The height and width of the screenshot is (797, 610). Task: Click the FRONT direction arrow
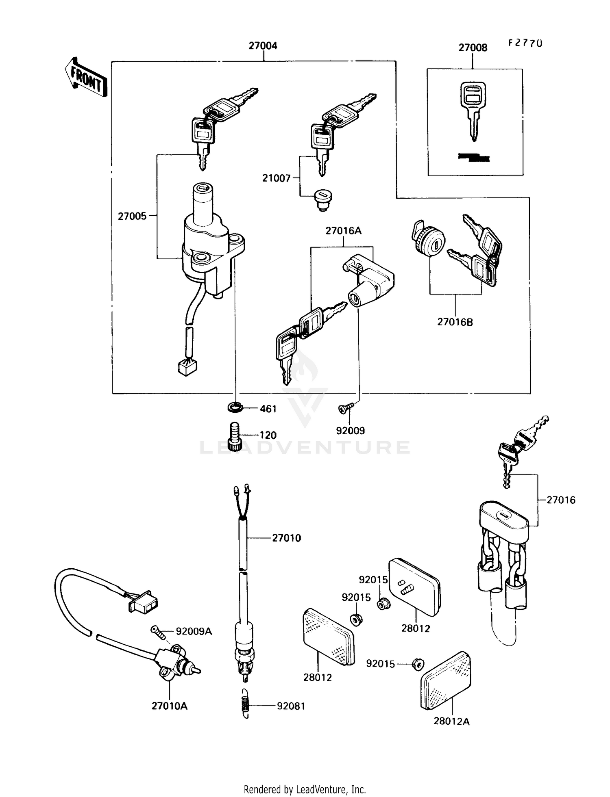click(86, 77)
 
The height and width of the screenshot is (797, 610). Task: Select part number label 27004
click(263, 45)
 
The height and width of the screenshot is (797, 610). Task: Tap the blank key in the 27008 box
click(473, 110)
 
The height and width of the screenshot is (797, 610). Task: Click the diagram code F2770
click(525, 43)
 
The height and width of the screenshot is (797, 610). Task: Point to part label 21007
click(276, 178)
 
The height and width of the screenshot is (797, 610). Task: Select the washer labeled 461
click(235, 406)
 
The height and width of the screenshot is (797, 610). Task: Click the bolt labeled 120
click(235, 435)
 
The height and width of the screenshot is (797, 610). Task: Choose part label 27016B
click(455, 322)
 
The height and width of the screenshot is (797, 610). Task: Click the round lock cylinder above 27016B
click(429, 239)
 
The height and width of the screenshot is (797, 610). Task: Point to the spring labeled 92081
click(245, 705)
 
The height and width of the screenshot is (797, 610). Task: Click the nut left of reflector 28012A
click(418, 664)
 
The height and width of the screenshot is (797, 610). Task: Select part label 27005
click(132, 216)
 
